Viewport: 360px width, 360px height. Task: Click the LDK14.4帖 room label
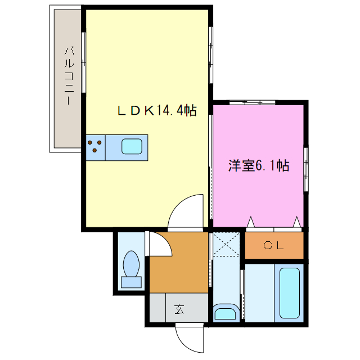click(x=156, y=111)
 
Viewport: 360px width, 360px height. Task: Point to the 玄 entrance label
click(x=179, y=308)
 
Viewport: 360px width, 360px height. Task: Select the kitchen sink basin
click(x=133, y=146)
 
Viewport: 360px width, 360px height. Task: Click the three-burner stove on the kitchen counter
click(x=95, y=146)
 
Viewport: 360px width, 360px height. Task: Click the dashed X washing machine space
click(x=226, y=245)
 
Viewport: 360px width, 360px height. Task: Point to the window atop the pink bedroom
click(x=252, y=102)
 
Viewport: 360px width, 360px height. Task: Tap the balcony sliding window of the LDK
click(x=84, y=62)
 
